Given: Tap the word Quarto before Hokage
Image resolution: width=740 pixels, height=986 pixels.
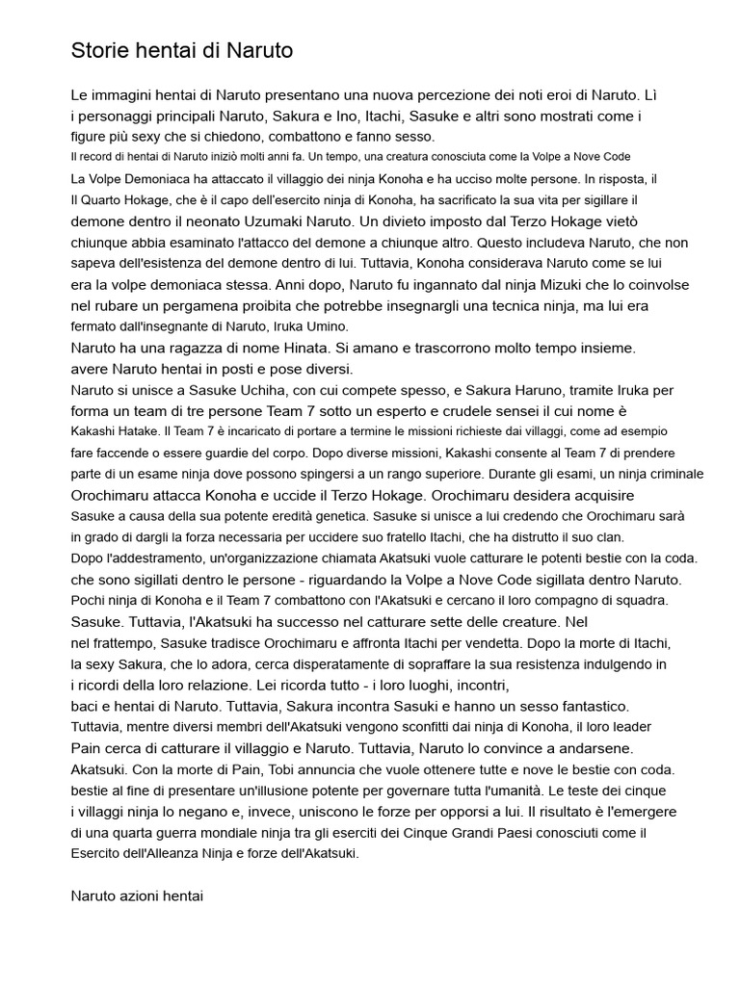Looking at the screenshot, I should point(107,200).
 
